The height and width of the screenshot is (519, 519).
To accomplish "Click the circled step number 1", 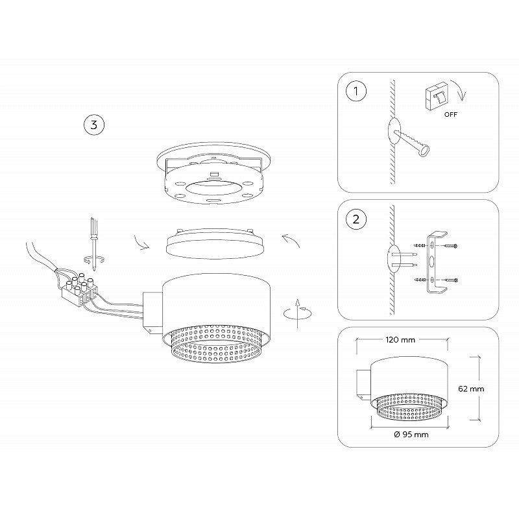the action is point(356,91).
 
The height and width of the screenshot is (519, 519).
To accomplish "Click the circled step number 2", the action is point(356,219).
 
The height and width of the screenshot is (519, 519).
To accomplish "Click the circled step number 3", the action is point(94,125).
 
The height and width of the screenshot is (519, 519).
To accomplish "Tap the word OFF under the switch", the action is point(450,115).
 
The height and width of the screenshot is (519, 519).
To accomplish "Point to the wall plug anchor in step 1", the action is point(412,143).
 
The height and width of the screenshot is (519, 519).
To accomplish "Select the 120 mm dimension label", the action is point(400,340).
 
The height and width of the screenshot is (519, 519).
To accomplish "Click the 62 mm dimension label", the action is point(471,389).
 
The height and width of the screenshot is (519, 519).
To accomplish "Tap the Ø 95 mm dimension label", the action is point(411,435).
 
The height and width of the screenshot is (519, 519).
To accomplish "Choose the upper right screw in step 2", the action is point(451,246).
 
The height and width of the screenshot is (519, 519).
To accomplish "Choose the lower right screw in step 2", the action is point(451,280).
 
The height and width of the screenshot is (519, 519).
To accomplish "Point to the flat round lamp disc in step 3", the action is point(215,245).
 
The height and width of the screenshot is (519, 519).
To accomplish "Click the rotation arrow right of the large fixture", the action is point(297,313).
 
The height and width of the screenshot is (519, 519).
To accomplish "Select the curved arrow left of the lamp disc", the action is point(141,242).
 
